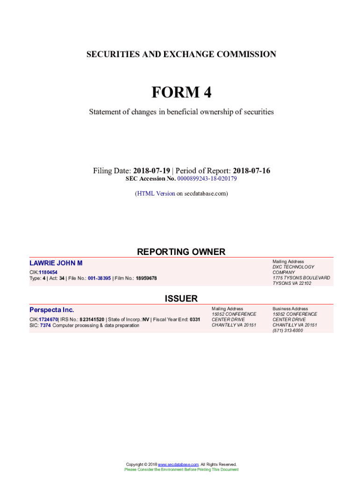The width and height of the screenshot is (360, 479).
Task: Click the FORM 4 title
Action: click(x=181, y=93)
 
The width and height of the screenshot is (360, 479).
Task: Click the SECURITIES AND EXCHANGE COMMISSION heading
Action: click(x=181, y=54)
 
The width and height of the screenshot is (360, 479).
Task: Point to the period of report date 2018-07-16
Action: click(x=251, y=171)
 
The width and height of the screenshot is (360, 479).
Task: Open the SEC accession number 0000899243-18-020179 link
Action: click(x=207, y=179)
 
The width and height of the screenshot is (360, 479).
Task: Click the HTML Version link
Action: click(x=156, y=193)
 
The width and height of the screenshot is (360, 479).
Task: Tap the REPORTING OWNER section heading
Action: click(x=181, y=252)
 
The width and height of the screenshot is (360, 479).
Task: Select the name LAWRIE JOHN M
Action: click(x=56, y=263)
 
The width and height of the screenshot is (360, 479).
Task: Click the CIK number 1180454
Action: click(x=48, y=272)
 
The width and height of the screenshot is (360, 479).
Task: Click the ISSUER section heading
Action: click(x=181, y=298)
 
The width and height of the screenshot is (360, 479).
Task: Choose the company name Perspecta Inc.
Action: click(x=52, y=310)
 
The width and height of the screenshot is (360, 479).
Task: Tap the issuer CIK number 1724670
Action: click(x=48, y=319)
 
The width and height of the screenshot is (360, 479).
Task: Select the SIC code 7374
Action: click(x=45, y=325)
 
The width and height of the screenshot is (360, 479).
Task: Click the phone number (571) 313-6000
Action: click(x=288, y=331)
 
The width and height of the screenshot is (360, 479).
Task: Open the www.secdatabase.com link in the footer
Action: click(x=179, y=464)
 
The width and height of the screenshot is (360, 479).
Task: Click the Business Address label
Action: click(x=290, y=309)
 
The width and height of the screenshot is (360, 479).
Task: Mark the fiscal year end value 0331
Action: click(x=195, y=319)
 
